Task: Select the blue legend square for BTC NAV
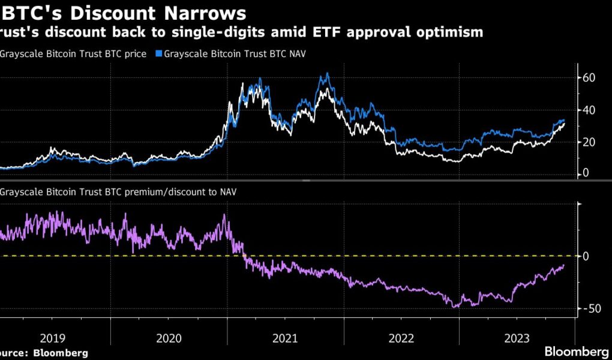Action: point(159,54)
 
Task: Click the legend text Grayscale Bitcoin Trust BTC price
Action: point(73,54)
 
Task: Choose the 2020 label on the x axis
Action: point(169,338)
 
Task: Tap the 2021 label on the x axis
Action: point(286,338)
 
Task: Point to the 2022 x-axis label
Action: point(401,338)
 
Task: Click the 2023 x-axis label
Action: point(517,338)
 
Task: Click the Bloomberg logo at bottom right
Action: point(577,350)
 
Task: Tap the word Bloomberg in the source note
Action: point(60,353)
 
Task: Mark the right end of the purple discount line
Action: point(564,265)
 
